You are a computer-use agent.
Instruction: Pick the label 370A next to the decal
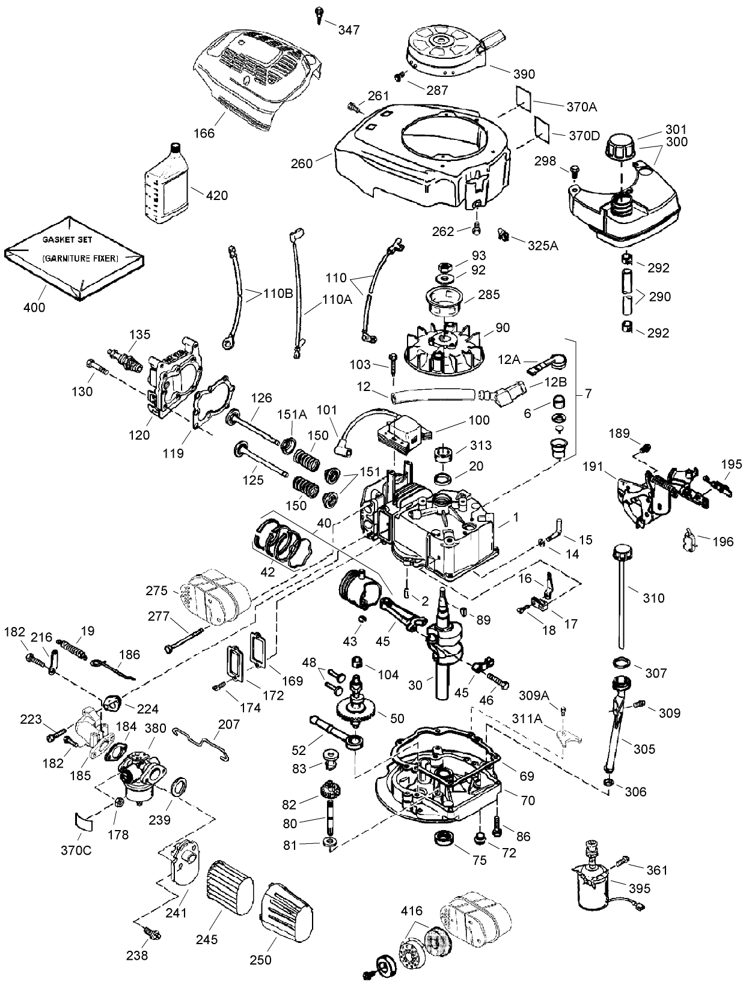[581, 107]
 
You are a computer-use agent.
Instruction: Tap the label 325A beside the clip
[542, 245]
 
